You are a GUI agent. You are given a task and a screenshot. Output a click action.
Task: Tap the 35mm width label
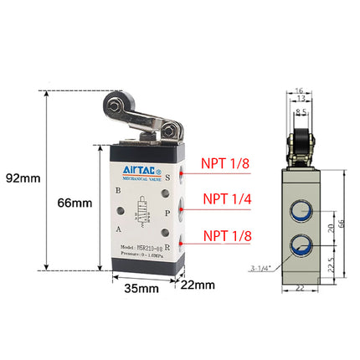click(141, 290)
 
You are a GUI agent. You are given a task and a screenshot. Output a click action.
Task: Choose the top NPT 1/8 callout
click(224, 164)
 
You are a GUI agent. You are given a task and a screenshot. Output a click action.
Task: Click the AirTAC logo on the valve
click(140, 171)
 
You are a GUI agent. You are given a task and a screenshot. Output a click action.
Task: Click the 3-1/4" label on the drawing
click(260, 268)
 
